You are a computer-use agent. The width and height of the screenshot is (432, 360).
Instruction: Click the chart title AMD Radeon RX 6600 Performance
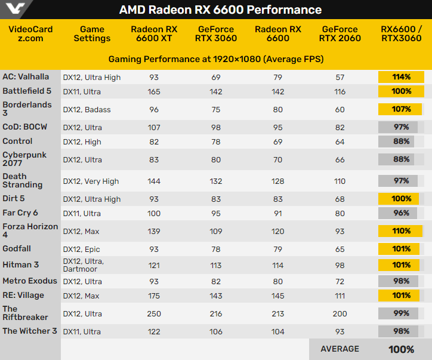(220, 10)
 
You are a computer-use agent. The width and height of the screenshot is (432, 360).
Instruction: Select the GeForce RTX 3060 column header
(216, 33)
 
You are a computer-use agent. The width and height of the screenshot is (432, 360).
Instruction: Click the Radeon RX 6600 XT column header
(154, 33)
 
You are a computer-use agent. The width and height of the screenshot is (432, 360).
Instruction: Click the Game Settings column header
(92, 33)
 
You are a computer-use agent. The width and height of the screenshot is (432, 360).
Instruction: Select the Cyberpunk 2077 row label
(24, 159)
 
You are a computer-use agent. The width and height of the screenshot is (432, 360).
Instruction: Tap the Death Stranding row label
(23, 181)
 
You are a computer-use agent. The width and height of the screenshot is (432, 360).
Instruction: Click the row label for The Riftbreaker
(25, 313)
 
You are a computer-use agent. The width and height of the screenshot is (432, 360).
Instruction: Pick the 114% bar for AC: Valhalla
(401, 77)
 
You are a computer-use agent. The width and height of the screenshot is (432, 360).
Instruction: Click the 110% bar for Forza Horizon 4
(401, 231)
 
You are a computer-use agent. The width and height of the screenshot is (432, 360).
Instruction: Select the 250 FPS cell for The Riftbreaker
(154, 313)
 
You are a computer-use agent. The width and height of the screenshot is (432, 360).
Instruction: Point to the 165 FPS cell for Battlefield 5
(154, 91)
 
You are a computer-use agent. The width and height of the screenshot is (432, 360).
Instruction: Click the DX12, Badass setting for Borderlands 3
(87, 109)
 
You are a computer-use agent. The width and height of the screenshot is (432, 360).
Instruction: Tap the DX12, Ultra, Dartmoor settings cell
(84, 265)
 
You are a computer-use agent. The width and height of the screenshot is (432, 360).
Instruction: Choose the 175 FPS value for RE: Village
(154, 295)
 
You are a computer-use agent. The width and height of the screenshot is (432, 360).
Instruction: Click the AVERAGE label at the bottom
(340, 349)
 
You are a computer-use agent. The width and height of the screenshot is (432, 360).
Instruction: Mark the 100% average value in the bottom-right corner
(401, 349)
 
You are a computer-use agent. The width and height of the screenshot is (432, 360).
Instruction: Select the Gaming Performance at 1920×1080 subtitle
(216, 60)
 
